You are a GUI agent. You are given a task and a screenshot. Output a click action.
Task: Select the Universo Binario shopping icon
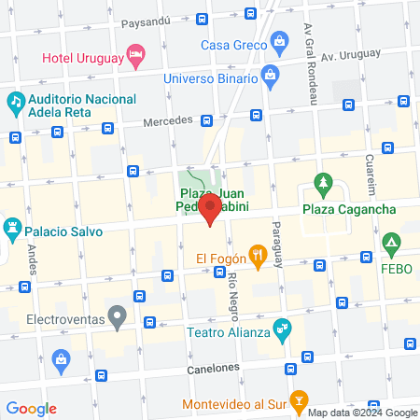tap(270, 75)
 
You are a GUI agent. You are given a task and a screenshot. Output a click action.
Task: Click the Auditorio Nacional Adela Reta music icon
tap(15, 100)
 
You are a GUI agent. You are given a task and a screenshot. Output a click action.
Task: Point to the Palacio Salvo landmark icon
tap(13, 227)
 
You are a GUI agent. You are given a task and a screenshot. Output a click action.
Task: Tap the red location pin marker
tap(210, 209)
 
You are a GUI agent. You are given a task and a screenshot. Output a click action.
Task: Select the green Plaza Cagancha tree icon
tap(324, 182)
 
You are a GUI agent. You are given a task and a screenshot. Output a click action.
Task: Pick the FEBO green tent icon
tap(393, 246)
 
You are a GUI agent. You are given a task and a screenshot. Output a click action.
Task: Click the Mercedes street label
tap(167, 120)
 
